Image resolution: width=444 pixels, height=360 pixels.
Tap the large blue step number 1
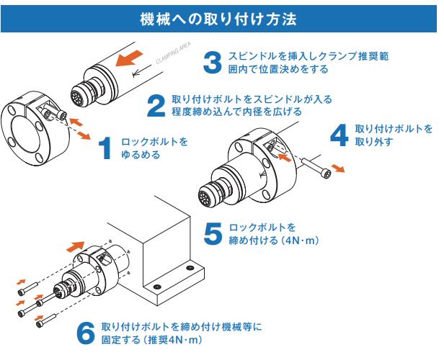pos(105,148)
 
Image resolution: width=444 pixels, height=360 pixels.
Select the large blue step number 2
pos(156,106)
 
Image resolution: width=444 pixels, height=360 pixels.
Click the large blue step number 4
pos(338,135)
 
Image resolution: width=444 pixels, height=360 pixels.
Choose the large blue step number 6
pos(85,332)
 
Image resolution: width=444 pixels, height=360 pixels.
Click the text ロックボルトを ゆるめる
pos(154,148)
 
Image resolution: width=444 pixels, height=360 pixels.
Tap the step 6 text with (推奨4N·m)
pos(180,333)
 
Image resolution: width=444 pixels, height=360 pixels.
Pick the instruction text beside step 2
pos(252,106)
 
